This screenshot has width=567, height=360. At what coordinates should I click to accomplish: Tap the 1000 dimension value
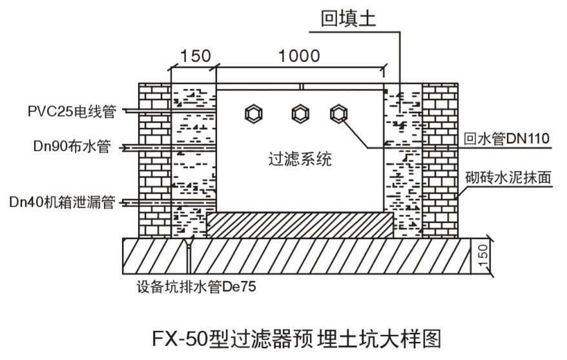[x=298, y=56]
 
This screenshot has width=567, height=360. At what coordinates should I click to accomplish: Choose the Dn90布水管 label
[x=72, y=148]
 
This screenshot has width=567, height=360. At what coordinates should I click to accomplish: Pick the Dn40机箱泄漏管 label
[x=62, y=202]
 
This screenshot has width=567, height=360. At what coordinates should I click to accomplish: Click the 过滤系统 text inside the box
[x=300, y=158]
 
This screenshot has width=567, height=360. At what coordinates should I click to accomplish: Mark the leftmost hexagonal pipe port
[x=254, y=114]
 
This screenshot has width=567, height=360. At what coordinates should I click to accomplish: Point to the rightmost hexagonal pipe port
[x=338, y=114]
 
